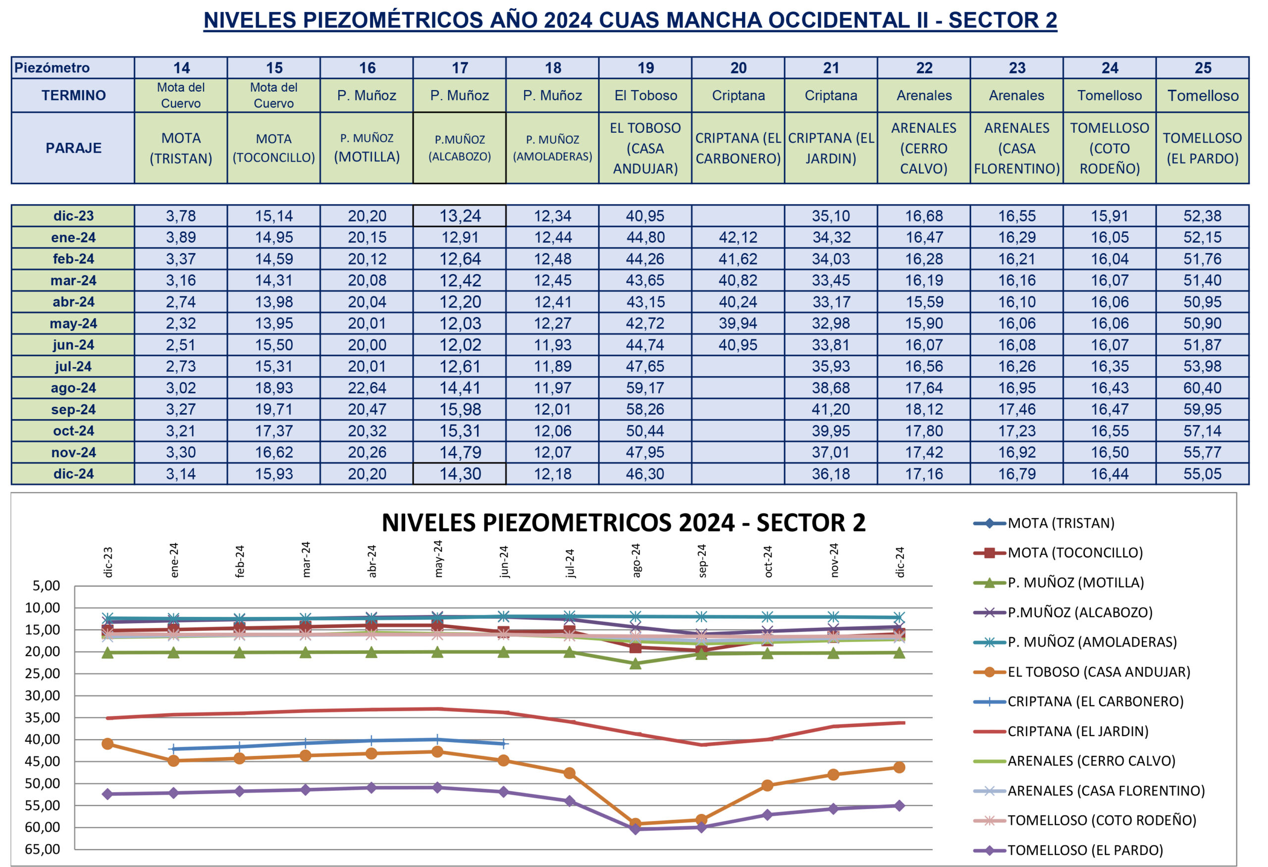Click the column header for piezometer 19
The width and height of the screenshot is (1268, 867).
(645, 68)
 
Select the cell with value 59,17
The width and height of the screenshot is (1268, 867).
(645, 388)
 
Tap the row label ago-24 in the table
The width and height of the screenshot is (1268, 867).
(73, 388)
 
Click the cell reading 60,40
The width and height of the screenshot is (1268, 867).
(1202, 388)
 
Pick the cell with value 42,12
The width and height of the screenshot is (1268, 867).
(738, 237)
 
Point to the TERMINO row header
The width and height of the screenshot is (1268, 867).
(73, 96)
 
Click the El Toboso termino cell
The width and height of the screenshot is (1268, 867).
(645, 96)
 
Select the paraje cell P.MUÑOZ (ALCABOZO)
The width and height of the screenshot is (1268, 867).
(460, 148)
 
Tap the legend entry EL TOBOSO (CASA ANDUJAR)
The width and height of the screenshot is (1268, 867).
(1098, 672)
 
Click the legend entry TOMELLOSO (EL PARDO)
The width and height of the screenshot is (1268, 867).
(1085, 850)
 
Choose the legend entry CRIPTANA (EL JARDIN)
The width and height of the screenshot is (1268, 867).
(1078, 731)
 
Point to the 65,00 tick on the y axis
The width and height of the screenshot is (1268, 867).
(46, 849)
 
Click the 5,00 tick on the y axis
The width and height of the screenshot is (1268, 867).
(46, 586)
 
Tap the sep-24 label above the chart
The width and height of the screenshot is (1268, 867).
(702, 560)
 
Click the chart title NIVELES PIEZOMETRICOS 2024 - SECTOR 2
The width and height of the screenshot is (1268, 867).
(623, 523)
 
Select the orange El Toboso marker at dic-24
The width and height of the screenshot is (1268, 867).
(899, 767)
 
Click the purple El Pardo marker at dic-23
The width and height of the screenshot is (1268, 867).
(107, 794)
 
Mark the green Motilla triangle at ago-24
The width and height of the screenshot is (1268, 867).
(635, 663)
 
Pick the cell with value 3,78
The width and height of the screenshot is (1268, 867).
(181, 216)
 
